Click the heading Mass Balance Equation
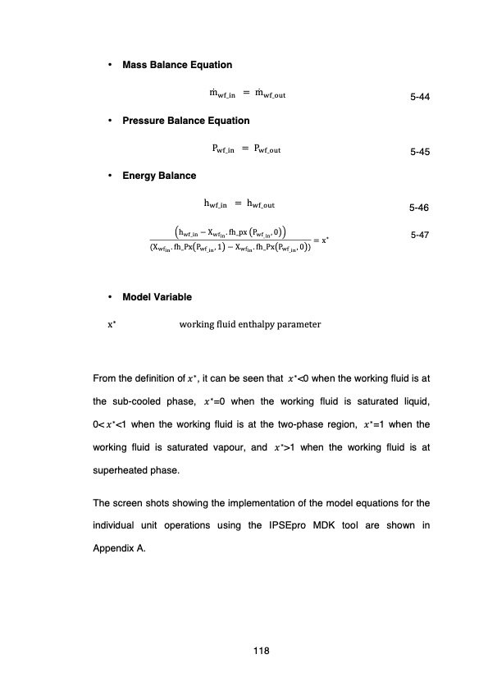[x=176, y=65]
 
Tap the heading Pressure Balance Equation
[x=185, y=121]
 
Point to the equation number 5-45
[x=420, y=153]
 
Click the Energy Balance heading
[x=159, y=176]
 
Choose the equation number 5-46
[x=420, y=208]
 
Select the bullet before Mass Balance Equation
[x=110, y=65]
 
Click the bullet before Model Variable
[x=110, y=296]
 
